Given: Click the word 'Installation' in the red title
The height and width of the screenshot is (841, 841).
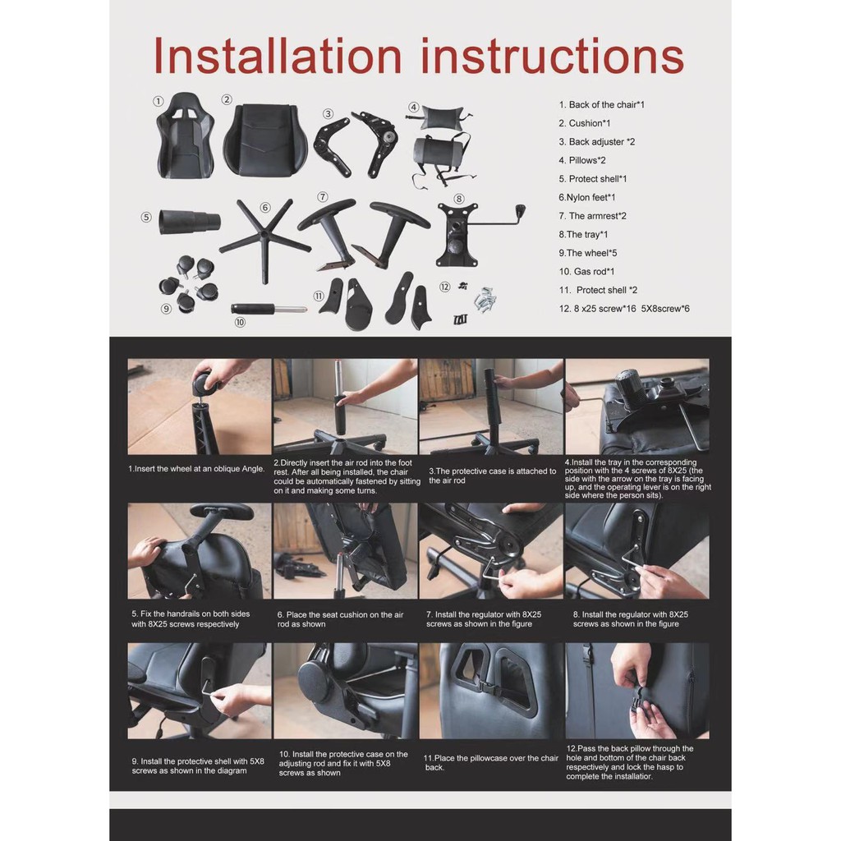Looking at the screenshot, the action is tap(278, 56).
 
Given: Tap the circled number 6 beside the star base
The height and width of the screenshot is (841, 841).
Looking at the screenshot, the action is tap(265, 208).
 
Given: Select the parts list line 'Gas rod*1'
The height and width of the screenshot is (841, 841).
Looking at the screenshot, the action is tap(586, 271).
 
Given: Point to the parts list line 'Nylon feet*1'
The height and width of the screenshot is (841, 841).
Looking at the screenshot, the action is tap(586, 197).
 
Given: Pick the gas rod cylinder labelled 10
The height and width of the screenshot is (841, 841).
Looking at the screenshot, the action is tap(269, 309).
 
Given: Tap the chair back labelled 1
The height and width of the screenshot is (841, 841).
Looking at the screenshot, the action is tap(185, 136).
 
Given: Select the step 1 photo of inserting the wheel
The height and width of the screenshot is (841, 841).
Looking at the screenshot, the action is tap(200, 407).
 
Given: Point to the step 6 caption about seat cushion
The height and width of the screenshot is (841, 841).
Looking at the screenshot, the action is tap(340, 619).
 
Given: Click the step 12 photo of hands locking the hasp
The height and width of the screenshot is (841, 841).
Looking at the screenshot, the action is tap(637, 691).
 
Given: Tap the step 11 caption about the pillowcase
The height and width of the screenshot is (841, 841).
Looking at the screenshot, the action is tap(491, 763).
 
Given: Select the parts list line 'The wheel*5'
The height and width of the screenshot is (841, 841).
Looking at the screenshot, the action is tap(587, 253).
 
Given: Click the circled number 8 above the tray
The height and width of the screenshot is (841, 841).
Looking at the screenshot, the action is tap(458, 199).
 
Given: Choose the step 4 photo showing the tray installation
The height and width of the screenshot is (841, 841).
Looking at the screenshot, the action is tap(637, 407).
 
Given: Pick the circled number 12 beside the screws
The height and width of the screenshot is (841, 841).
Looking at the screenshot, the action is tap(444, 287).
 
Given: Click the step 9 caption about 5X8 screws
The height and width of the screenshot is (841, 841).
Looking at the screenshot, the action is tap(198, 766).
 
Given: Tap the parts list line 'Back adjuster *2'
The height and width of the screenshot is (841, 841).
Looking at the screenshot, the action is tap(596, 142).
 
